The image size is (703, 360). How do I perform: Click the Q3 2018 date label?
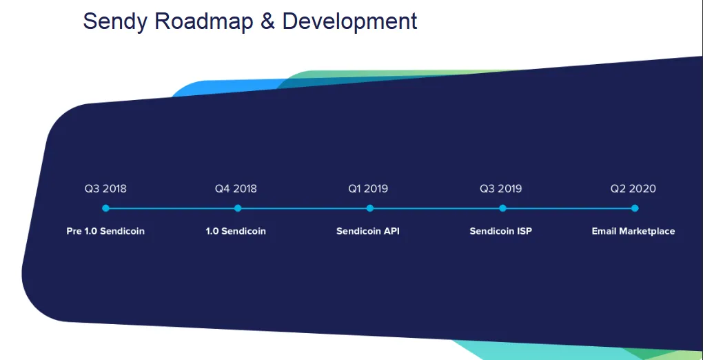[105, 188]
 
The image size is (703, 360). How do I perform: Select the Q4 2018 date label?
[236, 188]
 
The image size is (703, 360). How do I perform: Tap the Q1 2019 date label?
[368, 188]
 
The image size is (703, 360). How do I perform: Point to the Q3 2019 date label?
[501, 188]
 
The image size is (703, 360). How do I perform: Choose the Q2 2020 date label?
[633, 188]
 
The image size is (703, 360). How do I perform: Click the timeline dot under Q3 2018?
[106, 208]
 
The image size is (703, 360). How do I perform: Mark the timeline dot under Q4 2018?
[238, 208]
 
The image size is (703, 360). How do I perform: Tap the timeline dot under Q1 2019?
[370, 208]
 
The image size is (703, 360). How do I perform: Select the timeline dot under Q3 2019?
[502, 208]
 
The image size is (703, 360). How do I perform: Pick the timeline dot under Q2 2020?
[635, 208]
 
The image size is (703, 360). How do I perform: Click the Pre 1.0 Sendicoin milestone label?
[105, 231]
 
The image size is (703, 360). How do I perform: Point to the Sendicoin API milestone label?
[368, 231]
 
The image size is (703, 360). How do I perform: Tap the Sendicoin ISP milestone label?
[501, 231]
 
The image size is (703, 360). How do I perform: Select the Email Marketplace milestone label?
[633, 231]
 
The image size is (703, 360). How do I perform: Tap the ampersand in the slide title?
[267, 21]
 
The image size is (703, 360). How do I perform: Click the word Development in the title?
[349, 22]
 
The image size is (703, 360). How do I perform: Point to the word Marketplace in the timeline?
[647, 232]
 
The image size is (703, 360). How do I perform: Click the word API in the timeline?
[391, 231]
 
